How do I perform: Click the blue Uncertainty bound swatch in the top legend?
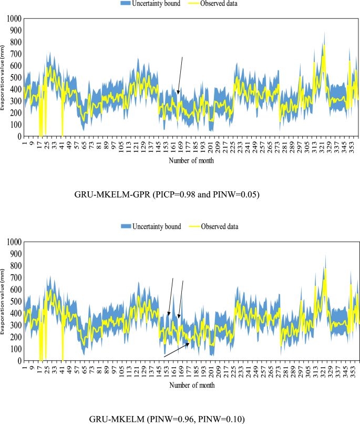click(x=129, y=3)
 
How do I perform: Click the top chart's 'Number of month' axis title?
click(x=191, y=161)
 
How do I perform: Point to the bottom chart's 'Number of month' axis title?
click(x=191, y=385)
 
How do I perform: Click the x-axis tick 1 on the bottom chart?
click(x=24, y=366)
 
